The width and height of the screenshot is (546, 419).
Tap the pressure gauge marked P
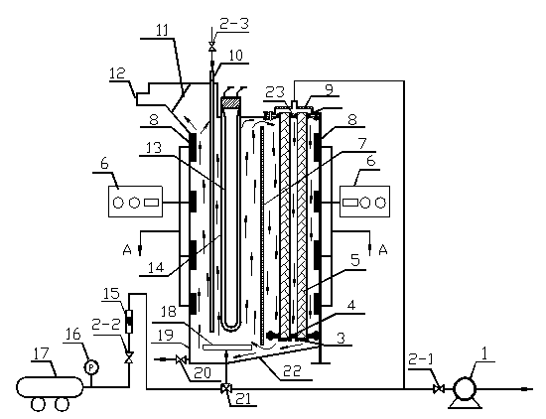[91, 367]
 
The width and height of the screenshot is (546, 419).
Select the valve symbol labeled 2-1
[439, 388]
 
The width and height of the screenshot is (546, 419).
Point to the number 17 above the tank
[42, 353]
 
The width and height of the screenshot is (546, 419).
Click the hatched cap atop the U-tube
[231, 102]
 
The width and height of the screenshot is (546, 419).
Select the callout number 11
[162, 30]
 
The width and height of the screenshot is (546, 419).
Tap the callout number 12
[117, 73]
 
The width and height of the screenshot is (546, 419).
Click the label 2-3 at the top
[234, 24]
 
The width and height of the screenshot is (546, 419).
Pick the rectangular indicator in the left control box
[152, 202]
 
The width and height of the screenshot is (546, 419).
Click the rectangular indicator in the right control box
[350, 202]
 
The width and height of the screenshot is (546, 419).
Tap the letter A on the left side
[127, 249]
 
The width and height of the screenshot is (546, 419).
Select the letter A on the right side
[383, 249]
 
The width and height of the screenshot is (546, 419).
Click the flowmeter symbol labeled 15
[129, 321]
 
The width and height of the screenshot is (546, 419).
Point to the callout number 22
[292, 371]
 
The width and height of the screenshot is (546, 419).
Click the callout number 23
[275, 92]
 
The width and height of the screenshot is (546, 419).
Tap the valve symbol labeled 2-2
[129, 357]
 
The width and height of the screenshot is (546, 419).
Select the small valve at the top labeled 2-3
[211, 47]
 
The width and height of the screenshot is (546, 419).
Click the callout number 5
[354, 260]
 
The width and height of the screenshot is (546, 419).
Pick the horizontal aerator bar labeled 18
[227, 347]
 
